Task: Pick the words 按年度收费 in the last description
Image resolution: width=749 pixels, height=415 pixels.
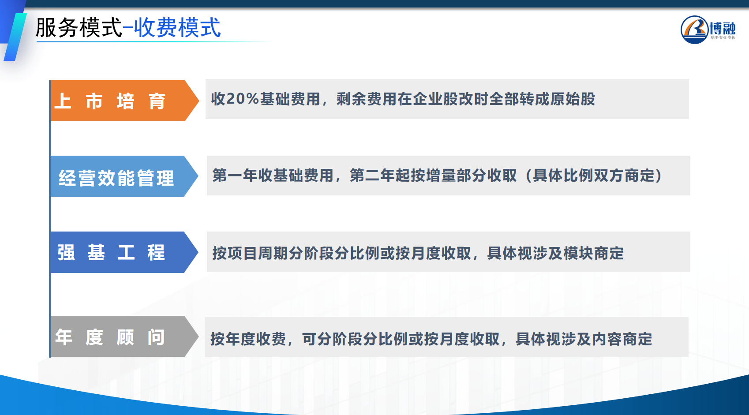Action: click(248, 339)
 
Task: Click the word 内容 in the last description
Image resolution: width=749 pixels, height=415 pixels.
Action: click(607, 339)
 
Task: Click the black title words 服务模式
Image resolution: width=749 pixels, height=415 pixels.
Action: click(79, 27)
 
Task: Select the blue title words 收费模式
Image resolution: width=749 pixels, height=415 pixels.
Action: click(177, 27)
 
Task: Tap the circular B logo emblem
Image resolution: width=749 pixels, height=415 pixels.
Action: click(694, 30)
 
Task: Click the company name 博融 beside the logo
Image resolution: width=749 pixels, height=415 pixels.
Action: click(723, 28)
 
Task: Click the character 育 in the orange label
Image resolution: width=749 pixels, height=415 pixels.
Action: click(157, 101)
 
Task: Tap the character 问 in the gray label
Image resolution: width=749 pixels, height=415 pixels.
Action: click(156, 337)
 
